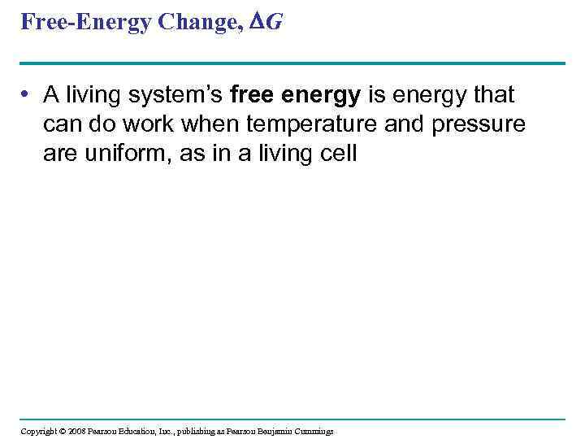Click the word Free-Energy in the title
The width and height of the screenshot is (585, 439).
tap(83, 22)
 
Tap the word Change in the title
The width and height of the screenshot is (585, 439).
tap(200, 22)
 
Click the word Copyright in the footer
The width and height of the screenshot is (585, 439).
tap(38, 431)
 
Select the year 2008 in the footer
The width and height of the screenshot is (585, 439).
tap(77, 431)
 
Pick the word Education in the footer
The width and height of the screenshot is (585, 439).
tap(140, 431)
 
